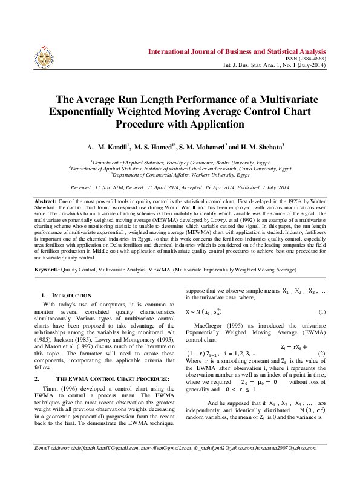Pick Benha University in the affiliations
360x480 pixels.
click(232, 163)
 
